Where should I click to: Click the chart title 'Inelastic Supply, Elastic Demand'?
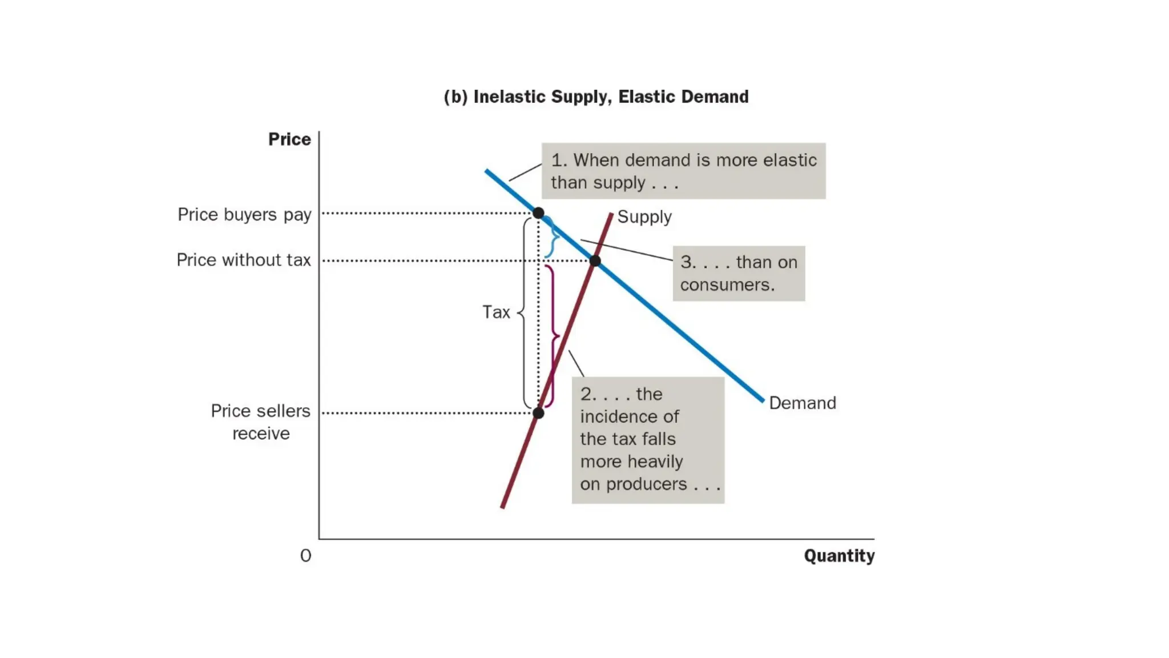pyautogui.click(x=596, y=97)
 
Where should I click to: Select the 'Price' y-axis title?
pyautogui.click(x=289, y=139)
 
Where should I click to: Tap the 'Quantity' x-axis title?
pyautogui.click(x=839, y=556)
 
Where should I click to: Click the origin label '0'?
pyautogui.click(x=306, y=556)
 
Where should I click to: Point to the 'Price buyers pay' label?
pyautogui.click(x=244, y=215)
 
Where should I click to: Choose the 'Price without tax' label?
pyautogui.click(x=244, y=260)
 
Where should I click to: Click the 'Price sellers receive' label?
pyautogui.click(x=260, y=422)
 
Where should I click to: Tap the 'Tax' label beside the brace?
pyautogui.click(x=496, y=312)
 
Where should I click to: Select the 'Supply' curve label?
pyautogui.click(x=644, y=217)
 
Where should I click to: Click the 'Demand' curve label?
pyautogui.click(x=802, y=403)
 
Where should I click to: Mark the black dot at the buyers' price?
pyautogui.click(x=538, y=213)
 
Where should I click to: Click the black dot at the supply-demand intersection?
pyautogui.click(x=595, y=261)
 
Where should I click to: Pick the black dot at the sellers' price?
pyautogui.click(x=538, y=412)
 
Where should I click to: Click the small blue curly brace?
pyautogui.click(x=551, y=237)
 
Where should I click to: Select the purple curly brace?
pyautogui.click(x=553, y=336)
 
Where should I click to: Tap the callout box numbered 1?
pyautogui.click(x=683, y=171)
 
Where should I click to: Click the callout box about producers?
pyautogui.click(x=648, y=439)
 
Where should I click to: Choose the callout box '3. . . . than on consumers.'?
pyautogui.click(x=739, y=274)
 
